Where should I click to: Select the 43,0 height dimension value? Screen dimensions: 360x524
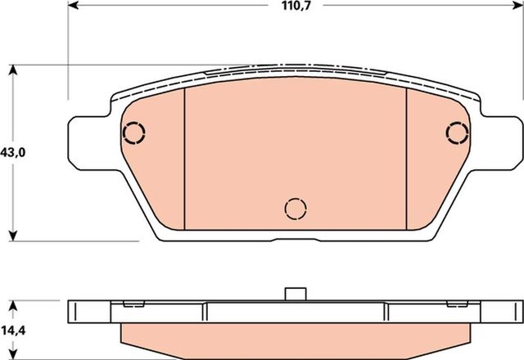(x=12, y=153)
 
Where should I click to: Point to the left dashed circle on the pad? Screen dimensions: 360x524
(x=133, y=132)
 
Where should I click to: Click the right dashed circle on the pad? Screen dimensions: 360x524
(x=457, y=132)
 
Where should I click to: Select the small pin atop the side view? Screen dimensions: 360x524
(x=294, y=294)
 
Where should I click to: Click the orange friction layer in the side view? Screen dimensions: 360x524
(x=295, y=335)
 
